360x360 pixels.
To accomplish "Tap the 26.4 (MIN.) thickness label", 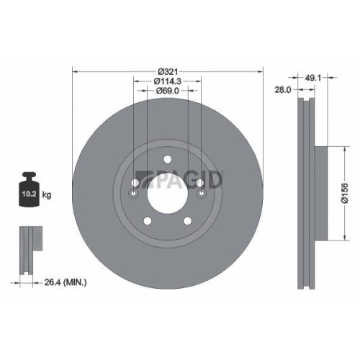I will point(66,283).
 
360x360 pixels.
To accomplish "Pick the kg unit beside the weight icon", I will point(46,194).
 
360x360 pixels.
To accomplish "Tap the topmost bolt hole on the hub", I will point(168,160).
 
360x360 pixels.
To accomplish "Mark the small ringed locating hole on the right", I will point(202,192).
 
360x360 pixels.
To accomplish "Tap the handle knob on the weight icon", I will point(30,175).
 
